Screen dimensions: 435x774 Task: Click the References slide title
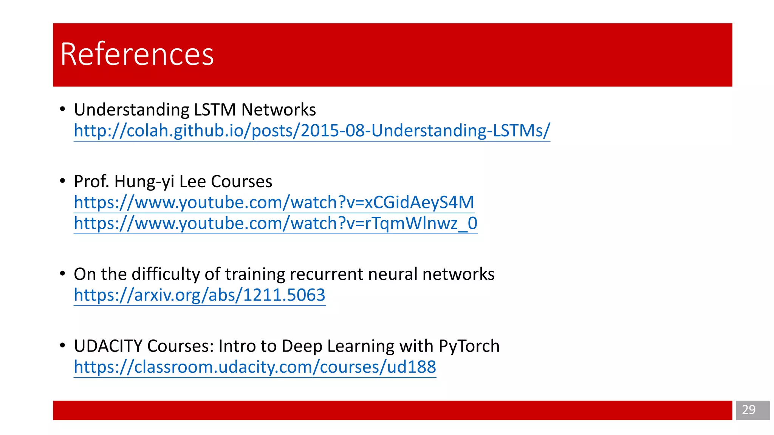pos(137,54)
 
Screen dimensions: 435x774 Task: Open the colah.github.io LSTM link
pos(312,131)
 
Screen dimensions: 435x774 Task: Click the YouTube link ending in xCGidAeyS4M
pos(274,202)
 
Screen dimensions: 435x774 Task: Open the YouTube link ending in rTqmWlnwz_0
pos(276,223)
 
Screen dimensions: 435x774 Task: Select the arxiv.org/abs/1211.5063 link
pos(200,295)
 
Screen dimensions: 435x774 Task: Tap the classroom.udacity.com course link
pos(255,367)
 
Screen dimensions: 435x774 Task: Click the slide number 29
pos(748,410)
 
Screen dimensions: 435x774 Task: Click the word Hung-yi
pos(144,182)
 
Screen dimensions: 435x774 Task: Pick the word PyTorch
pos(469,346)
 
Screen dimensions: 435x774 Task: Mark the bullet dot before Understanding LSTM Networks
pos(63,110)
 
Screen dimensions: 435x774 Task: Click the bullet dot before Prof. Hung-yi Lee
pos(63,181)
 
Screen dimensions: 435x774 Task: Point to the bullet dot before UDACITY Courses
pos(63,346)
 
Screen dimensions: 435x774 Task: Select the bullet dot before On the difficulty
pos(63,274)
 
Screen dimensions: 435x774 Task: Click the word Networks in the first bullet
pos(279,110)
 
